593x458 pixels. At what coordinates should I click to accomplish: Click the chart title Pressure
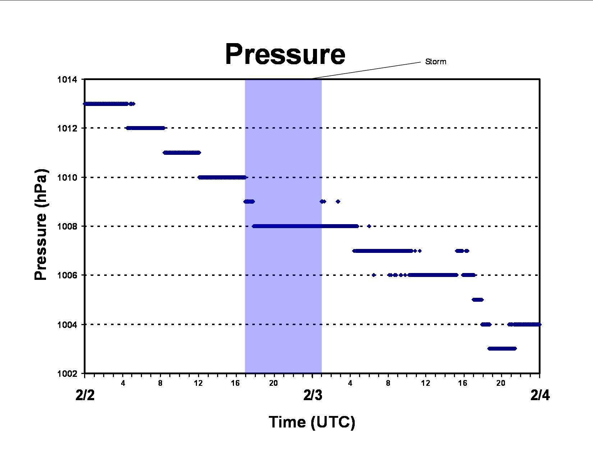coord(285,54)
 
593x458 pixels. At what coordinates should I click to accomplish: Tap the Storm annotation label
coord(436,62)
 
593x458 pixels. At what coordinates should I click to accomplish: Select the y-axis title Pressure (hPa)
coord(41,225)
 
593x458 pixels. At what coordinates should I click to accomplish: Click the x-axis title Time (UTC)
coord(312,422)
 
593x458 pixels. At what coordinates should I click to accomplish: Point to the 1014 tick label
coord(67,80)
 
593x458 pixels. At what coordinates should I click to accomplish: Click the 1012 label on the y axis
coord(67,128)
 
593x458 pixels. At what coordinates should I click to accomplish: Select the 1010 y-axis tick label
coord(67,177)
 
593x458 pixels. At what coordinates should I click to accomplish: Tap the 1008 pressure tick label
coord(67,226)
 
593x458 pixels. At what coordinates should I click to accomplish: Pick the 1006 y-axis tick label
coord(67,275)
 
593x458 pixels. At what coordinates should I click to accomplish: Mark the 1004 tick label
coord(67,325)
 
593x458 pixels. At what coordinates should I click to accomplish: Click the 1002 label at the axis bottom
coord(67,374)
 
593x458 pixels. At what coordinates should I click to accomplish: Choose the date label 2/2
coord(85,395)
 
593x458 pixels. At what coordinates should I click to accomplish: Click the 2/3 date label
coord(313,395)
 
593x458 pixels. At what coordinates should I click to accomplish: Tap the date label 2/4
coord(540,395)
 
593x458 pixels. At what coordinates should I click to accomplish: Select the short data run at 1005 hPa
coord(478,300)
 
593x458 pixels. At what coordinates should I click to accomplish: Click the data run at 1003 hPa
coord(502,348)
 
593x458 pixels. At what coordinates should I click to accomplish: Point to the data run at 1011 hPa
coord(182,153)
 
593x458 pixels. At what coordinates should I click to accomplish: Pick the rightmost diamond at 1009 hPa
coord(338,202)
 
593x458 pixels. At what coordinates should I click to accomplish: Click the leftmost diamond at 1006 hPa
coord(374,275)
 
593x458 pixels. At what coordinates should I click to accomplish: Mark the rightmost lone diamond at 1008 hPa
coord(369,226)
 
